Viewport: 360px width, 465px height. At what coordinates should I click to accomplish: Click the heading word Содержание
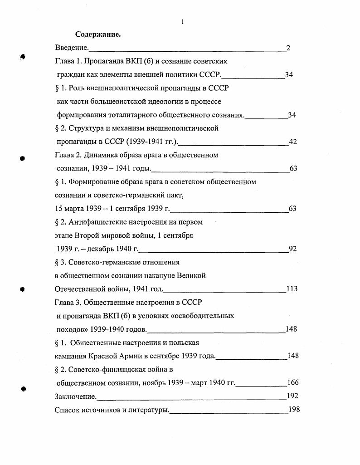click(97, 34)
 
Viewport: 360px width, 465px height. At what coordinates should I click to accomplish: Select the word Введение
click(71, 48)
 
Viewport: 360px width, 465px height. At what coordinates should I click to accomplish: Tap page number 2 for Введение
click(288, 48)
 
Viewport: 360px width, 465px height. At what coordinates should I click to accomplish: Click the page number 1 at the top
click(182, 21)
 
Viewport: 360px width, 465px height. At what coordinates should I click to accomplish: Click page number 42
click(293, 142)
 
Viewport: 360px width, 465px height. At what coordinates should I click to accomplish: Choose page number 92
click(293, 249)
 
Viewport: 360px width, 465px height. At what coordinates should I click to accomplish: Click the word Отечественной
click(81, 289)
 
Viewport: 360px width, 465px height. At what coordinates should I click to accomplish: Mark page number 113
click(292, 289)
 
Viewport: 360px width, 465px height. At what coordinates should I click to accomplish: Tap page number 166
click(293, 383)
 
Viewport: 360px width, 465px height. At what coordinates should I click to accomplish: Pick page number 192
click(292, 396)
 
